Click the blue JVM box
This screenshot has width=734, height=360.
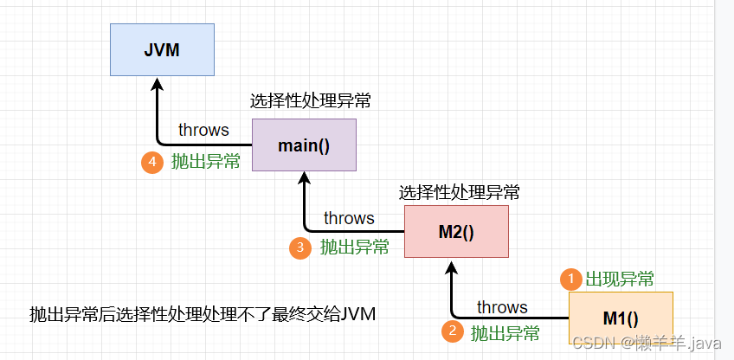[162, 50]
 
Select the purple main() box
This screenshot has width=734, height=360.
[304, 145]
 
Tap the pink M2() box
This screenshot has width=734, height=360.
[456, 232]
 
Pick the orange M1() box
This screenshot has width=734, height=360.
[621, 318]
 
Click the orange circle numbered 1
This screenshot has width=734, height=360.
[570, 279]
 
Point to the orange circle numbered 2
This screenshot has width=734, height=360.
[452, 331]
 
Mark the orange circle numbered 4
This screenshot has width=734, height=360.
[152, 161]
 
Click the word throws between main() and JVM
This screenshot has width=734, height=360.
[203, 130]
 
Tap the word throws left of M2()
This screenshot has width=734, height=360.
[349, 218]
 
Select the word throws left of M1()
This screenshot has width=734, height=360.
[502, 307]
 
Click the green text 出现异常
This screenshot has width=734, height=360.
[620, 279]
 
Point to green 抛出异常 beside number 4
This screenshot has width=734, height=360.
[205, 161]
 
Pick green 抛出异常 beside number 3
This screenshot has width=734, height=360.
[355, 247]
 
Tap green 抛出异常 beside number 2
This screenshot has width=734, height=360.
[505, 332]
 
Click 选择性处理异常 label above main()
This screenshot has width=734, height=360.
[311, 101]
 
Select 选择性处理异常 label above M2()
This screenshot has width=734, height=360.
[460, 191]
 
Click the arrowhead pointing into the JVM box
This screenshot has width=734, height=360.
[157, 85]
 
